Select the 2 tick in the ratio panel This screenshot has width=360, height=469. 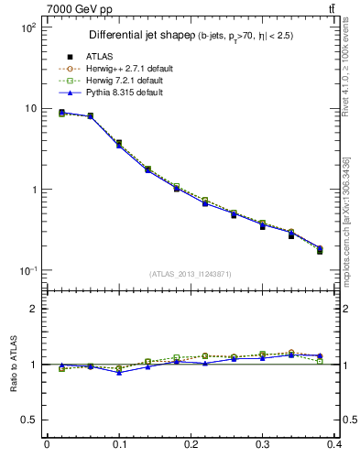[x=35, y=309]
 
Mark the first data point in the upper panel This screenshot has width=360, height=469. [x=61, y=113]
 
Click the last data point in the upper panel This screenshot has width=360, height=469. [x=320, y=250]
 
